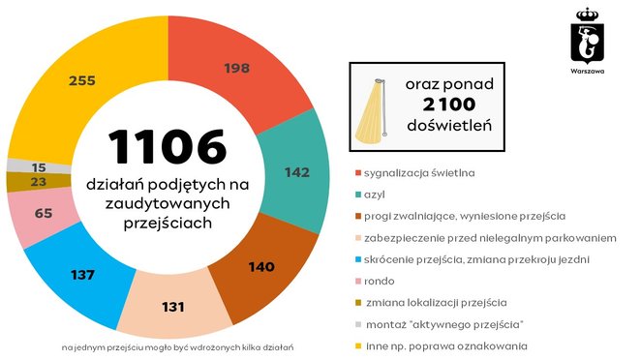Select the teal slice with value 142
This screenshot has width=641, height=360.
pos(296,172)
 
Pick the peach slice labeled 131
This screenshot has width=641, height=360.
pos(173,307)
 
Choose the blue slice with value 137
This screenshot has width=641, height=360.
pos(82,275)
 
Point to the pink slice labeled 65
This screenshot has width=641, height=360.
pos(42,213)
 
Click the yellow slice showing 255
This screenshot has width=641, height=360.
pos(82,81)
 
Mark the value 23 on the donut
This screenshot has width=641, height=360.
pos(39,181)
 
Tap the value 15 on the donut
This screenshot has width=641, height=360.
pos(39,166)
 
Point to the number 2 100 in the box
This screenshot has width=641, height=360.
pos(448,105)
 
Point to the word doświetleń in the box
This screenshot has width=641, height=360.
pos(448,127)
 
